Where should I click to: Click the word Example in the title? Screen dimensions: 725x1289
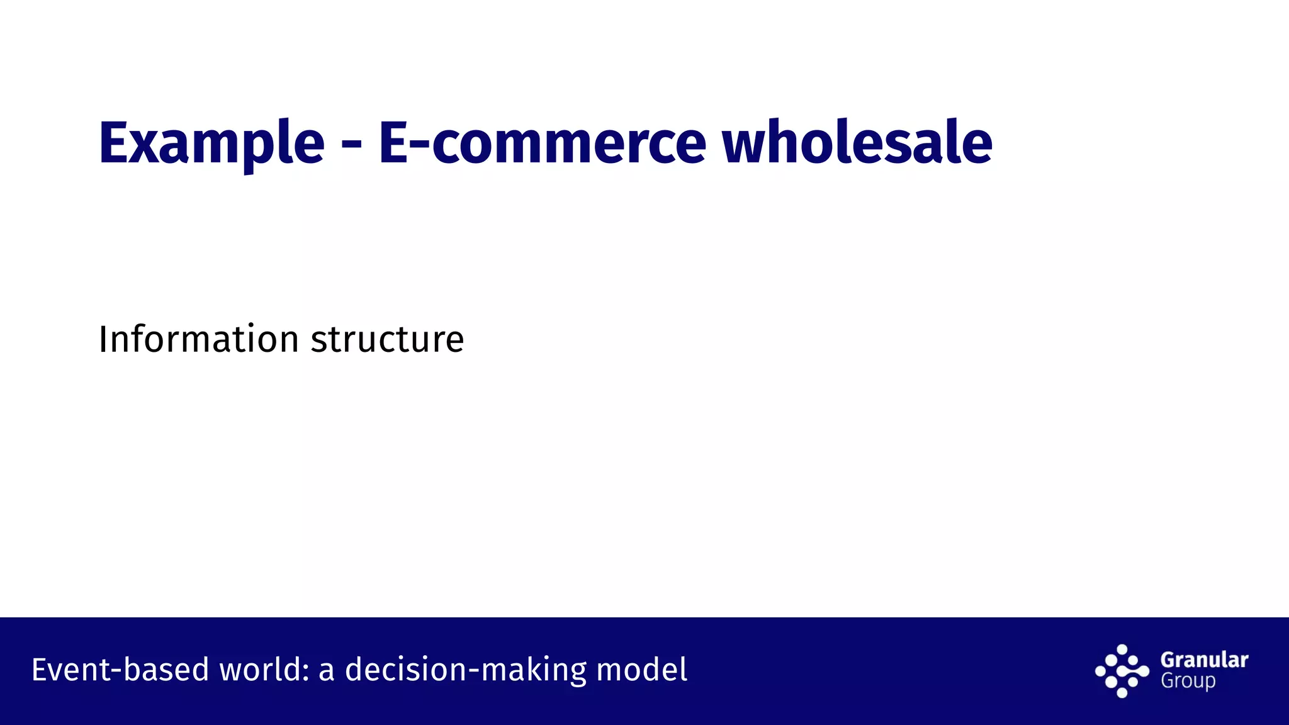211,143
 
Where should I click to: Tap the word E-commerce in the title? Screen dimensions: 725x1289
542,143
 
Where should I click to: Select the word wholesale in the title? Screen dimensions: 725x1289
857,143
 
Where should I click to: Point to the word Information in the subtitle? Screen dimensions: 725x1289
199,339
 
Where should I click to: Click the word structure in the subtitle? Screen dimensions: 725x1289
387,339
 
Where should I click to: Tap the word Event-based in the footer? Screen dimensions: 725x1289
120,669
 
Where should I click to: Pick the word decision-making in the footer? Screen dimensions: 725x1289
466,669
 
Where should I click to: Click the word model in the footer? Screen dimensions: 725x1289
641,669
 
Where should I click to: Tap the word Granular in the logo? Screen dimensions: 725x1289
1204,660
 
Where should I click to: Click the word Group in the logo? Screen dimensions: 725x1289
1188,681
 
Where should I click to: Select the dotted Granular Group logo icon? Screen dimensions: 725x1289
1122,671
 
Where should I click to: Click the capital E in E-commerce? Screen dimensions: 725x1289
393,143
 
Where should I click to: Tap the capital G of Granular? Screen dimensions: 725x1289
1168,660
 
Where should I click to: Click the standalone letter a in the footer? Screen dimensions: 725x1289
326,671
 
